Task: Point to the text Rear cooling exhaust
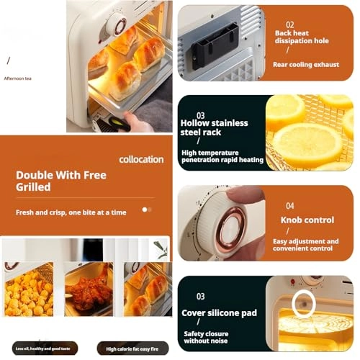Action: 305,64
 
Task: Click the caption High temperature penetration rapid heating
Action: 221,156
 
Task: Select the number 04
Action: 289,205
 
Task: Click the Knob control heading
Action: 307,220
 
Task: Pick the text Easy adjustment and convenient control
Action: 305,245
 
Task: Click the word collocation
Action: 142,159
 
